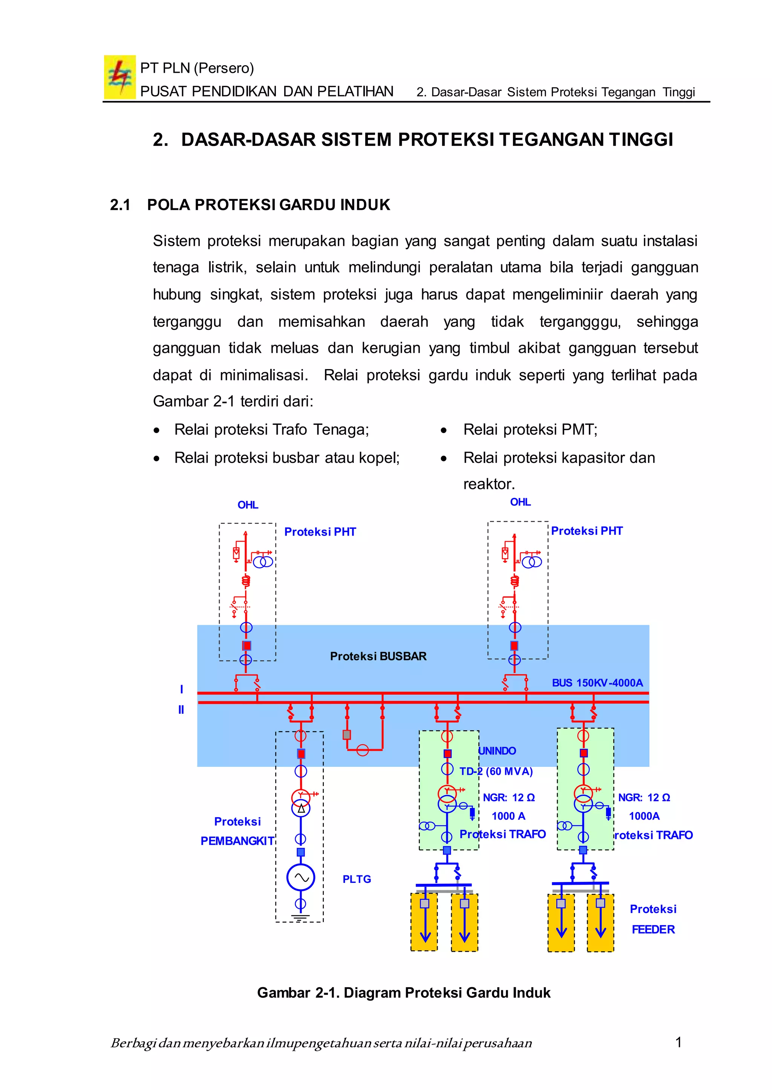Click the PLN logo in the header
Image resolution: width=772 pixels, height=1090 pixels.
[119, 77]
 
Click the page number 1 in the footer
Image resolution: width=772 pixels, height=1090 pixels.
[679, 1042]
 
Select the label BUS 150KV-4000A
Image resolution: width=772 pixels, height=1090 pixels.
[597, 682]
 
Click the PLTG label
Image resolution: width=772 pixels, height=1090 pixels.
[357, 879]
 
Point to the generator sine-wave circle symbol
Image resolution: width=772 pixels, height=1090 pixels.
[300, 877]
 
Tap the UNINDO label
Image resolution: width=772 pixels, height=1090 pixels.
[497, 750]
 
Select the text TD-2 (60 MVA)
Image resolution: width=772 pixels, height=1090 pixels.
[496, 771]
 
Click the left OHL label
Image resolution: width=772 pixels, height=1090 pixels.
[248, 505]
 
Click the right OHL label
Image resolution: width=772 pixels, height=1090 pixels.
[520, 502]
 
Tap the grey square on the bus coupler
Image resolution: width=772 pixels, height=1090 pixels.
[346, 734]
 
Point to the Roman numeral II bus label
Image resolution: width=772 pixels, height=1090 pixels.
[181, 710]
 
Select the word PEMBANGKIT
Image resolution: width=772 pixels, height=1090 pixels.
[237, 841]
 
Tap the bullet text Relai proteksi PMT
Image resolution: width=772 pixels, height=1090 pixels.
[530, 429]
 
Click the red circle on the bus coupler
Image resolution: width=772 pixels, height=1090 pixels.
[363, 750]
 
